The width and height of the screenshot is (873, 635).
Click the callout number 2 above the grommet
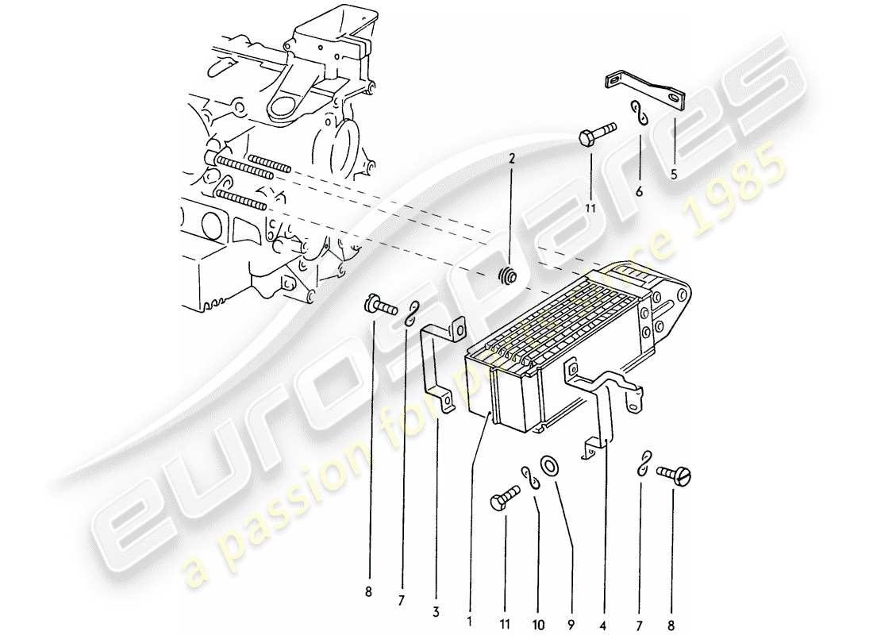pos(512,158)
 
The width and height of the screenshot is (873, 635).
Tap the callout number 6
pos(640,191)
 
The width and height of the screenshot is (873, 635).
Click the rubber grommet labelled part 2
pos(506,277)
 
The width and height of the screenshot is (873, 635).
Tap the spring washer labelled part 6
pos(641,113)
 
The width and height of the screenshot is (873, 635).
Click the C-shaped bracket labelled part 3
pos(439,365)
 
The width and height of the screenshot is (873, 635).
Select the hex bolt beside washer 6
pos(597,131)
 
